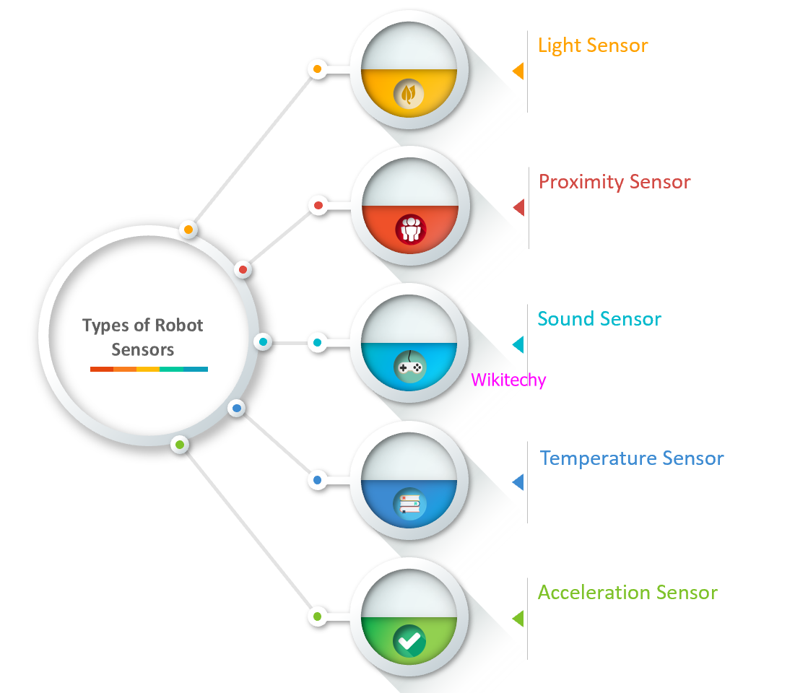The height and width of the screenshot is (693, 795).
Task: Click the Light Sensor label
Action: pyautogui.click(x=593, y=45)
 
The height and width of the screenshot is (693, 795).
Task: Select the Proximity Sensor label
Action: pyautogui.click(x=614, y=182)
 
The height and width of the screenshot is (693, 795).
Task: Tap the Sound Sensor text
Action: pyautogui.click(x=599, y=319)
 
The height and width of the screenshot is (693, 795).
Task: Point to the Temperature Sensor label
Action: pyautogui.click(x=632, y=458)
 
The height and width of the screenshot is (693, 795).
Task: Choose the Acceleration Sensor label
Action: pyautogui.click(x=627, y=593)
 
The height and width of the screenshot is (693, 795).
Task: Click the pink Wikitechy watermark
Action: pyautogui.click(x=508, y=380)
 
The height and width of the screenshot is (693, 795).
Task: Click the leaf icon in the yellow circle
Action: pyautogui.click(x=409, y=95)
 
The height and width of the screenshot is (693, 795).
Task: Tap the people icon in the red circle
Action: pyautogui.click(x=410, y=230)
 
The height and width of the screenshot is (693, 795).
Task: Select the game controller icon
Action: pyautogui.click(x=409, y=367)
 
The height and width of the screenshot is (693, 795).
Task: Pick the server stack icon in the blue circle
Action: pyautogui.click(x=409, y=504)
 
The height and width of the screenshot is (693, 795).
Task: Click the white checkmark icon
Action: pyautogui.click(x=409, y=640)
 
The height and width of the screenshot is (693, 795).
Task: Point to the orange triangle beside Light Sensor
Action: pyautogui.click(x=518, y=71)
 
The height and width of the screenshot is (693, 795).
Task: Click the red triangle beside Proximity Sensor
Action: pyautogui.click(x=518, y=208)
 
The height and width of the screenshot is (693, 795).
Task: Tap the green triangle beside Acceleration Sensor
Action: pyautogui.click(x=518, y=619)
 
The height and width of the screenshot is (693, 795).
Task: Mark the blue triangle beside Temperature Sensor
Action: pyautogui.click(x=518, y=482)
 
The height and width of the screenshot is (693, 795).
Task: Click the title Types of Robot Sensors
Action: pyautogui.click(x=143, y=337)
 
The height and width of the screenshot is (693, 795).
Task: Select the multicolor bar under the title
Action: pyautogui.click(x=149, y=369)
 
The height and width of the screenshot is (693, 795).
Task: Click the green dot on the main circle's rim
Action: pyautogui.click(x=180, y=444)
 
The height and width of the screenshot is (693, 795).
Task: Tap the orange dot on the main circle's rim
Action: pyautogui.click(x=188, y=230)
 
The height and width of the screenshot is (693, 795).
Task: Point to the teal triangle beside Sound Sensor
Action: pyautogui.click(x=518, y=344)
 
